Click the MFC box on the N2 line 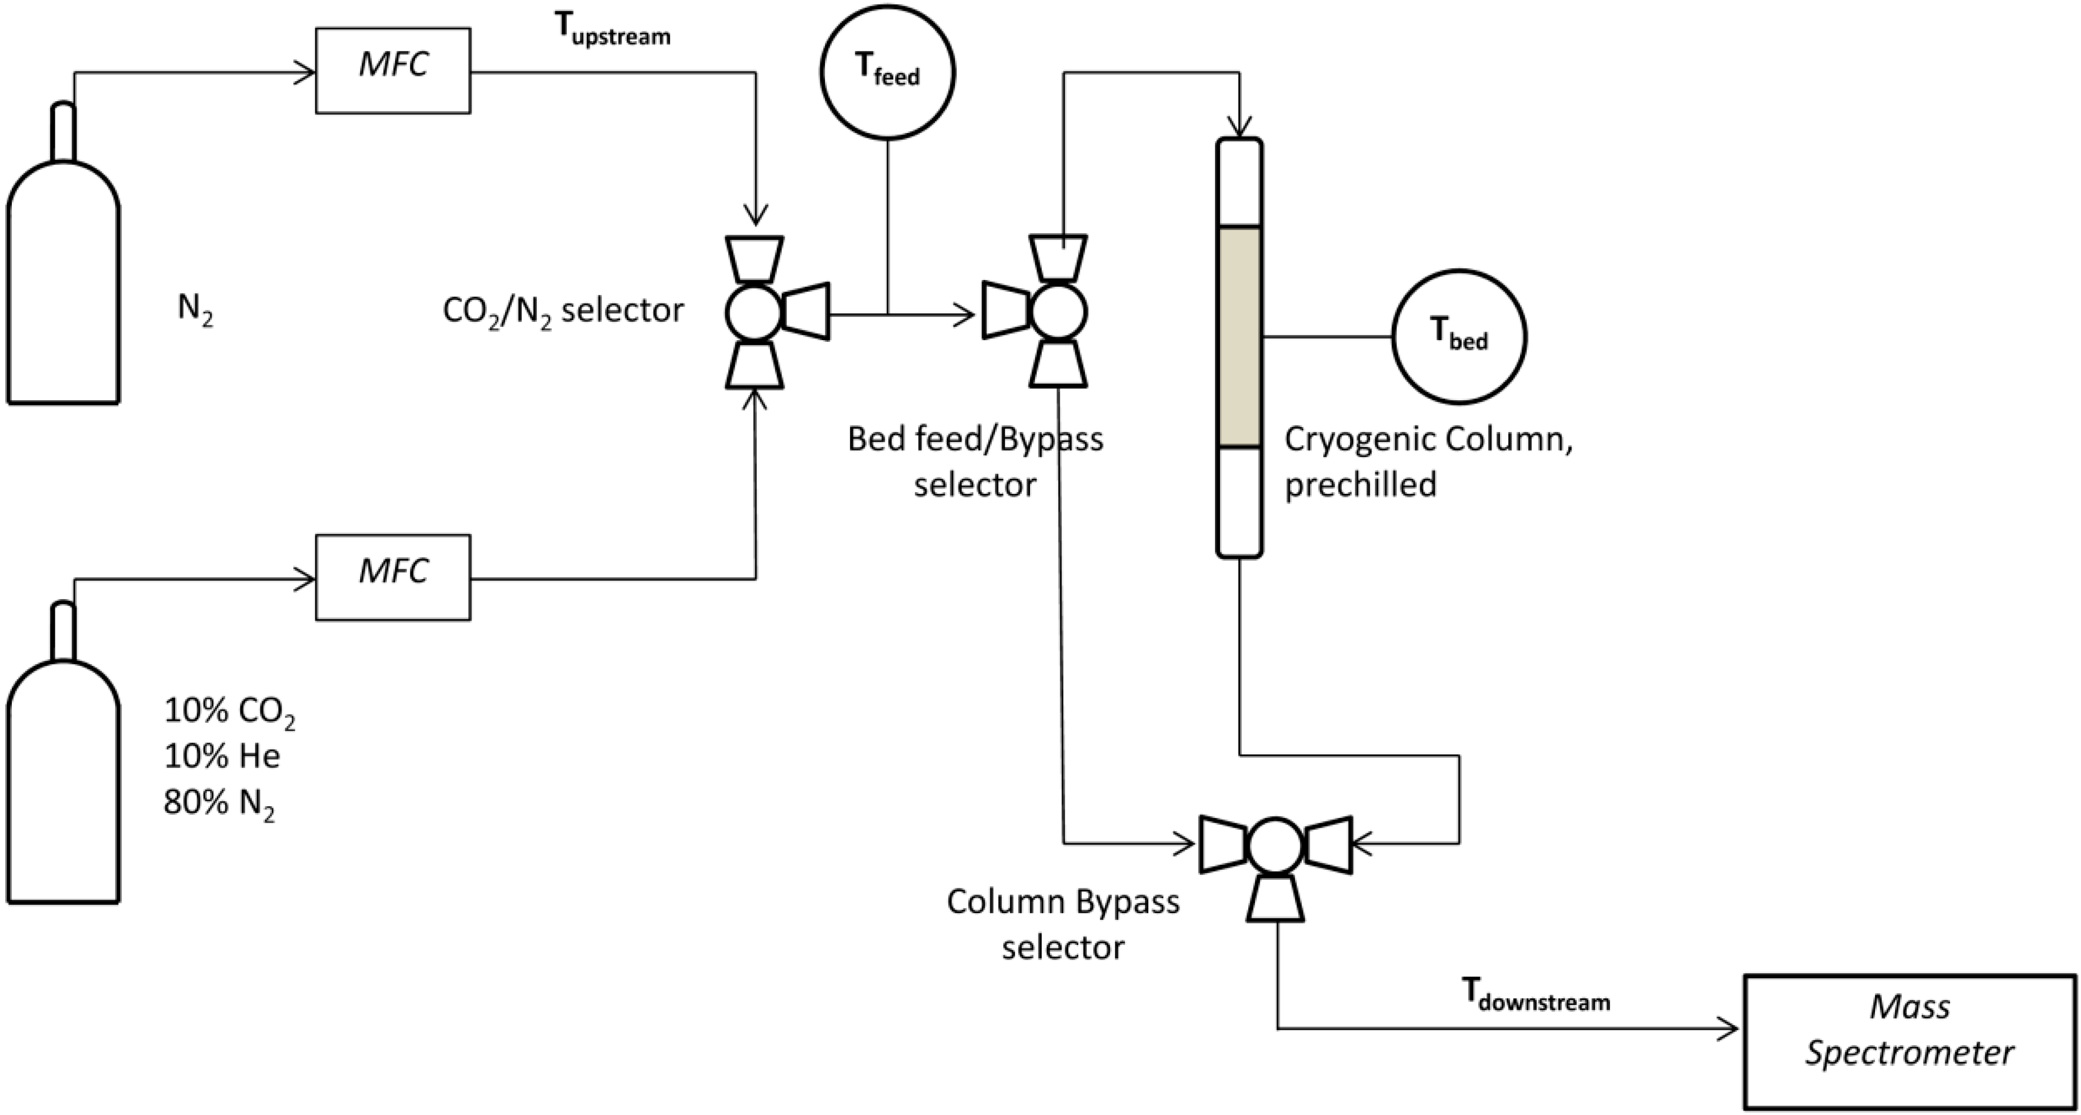point(392,71)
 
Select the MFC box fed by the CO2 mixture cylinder point(392,577)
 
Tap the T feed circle point(887,72)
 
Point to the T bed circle point(1459,336)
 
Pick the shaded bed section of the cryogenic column point(1239,336)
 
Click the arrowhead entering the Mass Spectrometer point(1729,1029)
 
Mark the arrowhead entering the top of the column point(1239,127)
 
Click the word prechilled point(1360,485)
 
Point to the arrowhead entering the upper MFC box point(305,73)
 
